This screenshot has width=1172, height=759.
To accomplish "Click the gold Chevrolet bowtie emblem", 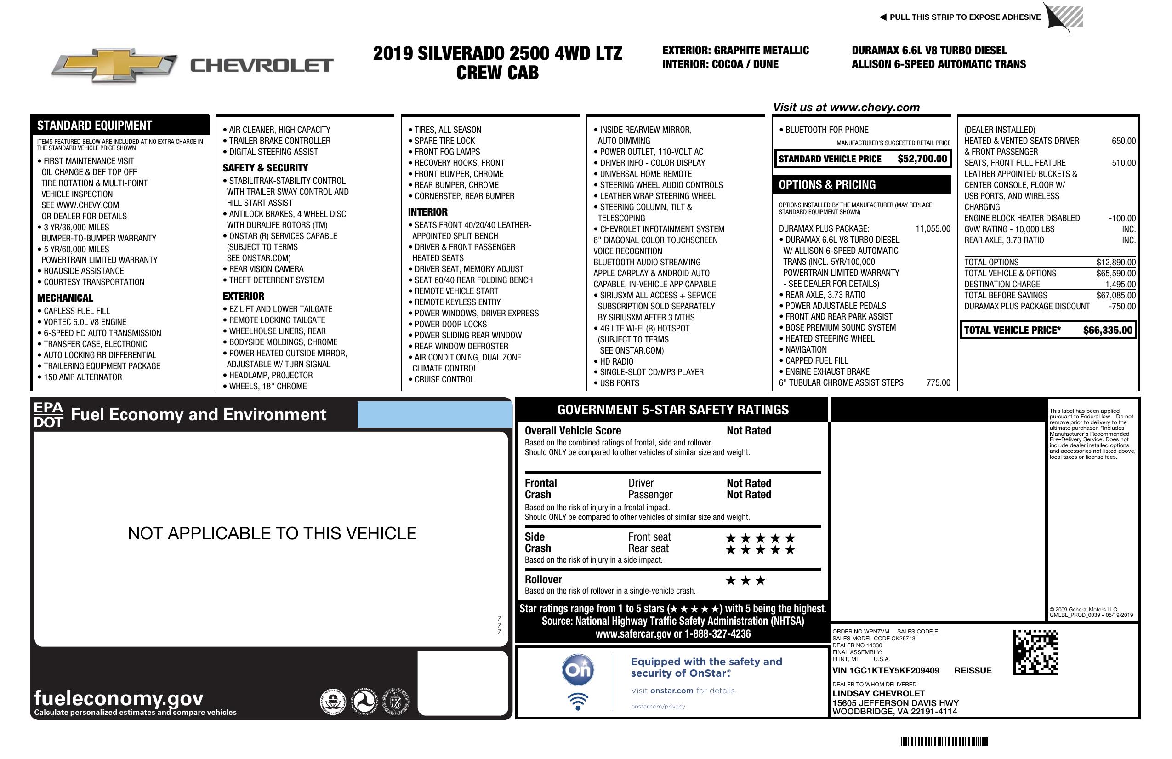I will pos(114,65).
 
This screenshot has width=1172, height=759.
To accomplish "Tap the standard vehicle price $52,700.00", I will pos(922,159).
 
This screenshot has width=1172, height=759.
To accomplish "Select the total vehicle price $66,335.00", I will pos(1108,330).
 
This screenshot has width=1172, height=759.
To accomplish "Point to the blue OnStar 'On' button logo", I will pos(578,670).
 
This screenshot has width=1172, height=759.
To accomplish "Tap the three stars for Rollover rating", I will pos(745,581).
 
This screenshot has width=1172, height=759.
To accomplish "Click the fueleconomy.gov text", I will pos(119,698).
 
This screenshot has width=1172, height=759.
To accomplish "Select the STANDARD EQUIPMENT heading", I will pos(95,125).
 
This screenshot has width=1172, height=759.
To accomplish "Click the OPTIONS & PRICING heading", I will pos(827,185).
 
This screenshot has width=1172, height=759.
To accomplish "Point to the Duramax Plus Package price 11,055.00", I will pos(933,228).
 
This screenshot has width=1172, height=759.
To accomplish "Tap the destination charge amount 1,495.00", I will pos(1121,284).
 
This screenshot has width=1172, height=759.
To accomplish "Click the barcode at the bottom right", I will pos(943,741).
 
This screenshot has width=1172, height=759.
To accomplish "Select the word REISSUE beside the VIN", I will pos(973,670).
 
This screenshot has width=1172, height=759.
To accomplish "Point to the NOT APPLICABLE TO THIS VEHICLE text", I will pos(272,533).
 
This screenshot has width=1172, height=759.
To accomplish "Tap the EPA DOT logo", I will pos(48,415).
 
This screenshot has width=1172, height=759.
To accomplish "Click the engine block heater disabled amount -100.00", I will pos(1122,218).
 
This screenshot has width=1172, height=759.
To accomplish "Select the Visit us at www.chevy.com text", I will pos(846,108).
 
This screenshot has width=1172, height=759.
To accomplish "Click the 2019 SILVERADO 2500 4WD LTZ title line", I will pos(497,53).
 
